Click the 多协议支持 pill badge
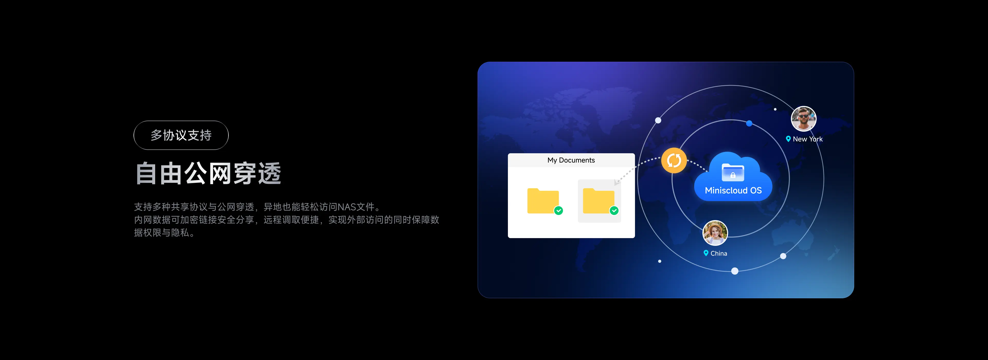point(181,135)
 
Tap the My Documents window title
point(571,160)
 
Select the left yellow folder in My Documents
point(543,201)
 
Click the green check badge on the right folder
point(614,211)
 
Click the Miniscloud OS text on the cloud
point(733,191)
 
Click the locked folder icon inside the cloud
point(733,172)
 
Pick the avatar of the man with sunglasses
point(804,119)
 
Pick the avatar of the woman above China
point(715,233)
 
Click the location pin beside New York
point(788,139)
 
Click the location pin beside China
point(706,253)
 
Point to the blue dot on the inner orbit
point(749,123)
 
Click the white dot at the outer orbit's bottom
point(735,271)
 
